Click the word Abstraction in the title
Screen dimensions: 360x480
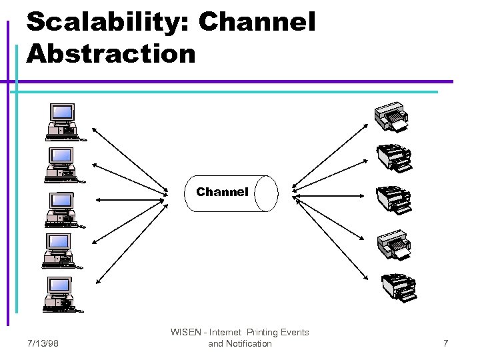click(111, 53)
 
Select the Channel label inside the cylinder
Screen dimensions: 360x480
click(222, 192)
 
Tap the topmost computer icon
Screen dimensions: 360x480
click(62, 122)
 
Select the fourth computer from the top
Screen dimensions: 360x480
click(60, 251)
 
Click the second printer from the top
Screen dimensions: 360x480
click(394, 158)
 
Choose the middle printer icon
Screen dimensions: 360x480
click(394, 199)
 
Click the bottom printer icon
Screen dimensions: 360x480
click(398, 286)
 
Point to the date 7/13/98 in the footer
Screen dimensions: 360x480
click(43, 343)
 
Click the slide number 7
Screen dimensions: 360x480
click(445, 343)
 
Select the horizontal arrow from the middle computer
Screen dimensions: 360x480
click(130, 199)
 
